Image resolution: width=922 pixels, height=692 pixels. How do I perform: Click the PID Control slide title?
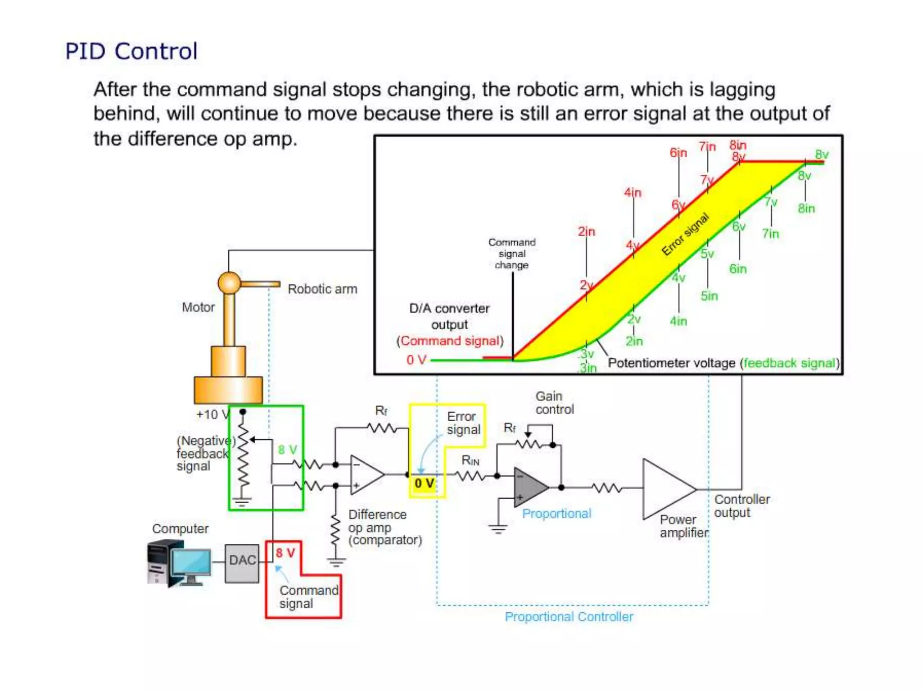[x=131, y=51]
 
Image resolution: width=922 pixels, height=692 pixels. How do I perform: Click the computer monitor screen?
[x=190, y=562]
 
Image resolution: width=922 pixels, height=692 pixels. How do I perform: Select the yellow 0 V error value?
[x=425, y=483]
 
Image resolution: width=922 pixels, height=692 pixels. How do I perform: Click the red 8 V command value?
[x=285, y=552]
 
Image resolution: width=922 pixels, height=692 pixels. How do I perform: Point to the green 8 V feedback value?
[x=287, y=450]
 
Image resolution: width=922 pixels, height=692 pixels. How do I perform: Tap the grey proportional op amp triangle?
[x=529, y=487]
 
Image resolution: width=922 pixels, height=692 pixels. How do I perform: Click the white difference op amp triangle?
[x=365, y=474]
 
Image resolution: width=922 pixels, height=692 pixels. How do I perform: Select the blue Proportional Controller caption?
[x=569, y=617]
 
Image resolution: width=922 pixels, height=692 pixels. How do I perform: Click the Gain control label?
[x=554, y=403]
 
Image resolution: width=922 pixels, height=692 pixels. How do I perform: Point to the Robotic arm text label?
[x=322, y=289]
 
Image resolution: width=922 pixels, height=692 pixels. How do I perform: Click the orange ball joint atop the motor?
[x=229, y=283]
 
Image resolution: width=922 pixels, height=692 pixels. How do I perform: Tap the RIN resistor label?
[x=470, y=460]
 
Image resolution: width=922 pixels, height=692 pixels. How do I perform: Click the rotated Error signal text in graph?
[x=685, y=234]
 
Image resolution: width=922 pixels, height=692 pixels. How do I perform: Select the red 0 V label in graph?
[x=416, y=360]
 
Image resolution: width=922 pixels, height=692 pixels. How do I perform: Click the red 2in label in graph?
[x=586, y=231]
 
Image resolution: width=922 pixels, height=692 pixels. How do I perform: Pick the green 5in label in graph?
[x=709, y=296]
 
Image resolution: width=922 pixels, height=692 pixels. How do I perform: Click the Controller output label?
[x=741, y=505]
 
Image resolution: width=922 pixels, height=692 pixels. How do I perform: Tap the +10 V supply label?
[x=212, y=414]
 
